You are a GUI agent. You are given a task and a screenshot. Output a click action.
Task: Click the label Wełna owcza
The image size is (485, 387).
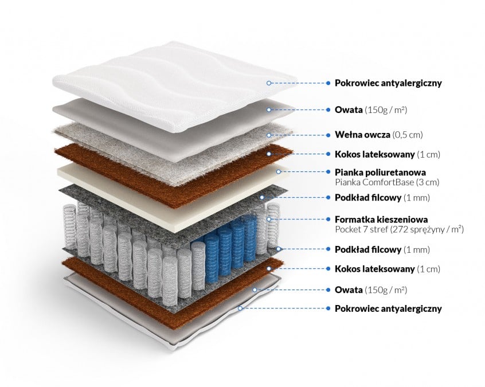click(362, 135)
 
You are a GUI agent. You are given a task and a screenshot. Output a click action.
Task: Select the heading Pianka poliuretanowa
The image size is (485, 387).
click(380, 172)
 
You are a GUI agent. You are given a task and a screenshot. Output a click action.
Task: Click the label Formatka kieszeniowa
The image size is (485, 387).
click(381, 220)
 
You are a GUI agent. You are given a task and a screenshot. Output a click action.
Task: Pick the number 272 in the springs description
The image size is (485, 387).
click(402, 229)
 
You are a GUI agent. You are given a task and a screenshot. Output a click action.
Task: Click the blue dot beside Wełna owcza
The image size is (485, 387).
click(328, 135)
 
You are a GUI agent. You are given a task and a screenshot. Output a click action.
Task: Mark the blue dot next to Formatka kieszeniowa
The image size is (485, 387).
click(328, 220)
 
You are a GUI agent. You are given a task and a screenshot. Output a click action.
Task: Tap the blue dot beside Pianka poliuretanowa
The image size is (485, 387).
click(328, 172)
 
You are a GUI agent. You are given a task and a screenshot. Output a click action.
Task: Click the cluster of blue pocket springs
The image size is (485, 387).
click(229, 241)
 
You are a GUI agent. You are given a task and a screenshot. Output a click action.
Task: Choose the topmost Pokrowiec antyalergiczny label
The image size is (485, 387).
click(388, 83)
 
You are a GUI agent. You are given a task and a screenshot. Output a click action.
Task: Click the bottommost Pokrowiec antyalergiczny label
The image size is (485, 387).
click(388, 308)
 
